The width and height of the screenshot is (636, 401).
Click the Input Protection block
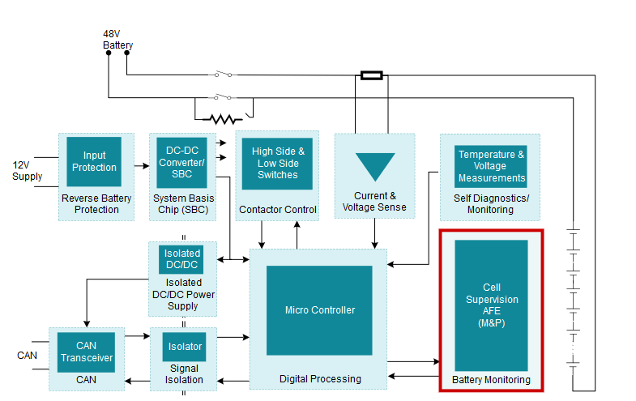(x=94, y=161)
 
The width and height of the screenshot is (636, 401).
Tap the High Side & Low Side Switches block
(x=278, y=163)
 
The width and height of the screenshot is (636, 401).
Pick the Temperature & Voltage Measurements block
(x=491, y=166)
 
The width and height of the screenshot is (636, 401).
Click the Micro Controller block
(x=319, y=310)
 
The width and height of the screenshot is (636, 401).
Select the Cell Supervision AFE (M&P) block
(x=491, y=305)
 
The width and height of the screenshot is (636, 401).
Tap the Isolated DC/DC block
(x=181, y=259)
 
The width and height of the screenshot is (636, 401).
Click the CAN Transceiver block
(x=86, y=352)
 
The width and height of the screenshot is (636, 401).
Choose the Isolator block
(x=185, y=346)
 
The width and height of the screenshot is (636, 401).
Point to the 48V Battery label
(x=117, y=40)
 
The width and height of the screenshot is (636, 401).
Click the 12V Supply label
(x=27, y=171)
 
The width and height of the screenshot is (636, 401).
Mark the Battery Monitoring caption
(x=491, y=380)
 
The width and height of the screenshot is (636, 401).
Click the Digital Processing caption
(x=320, y=378)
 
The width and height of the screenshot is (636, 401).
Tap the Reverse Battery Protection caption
(x=96, y=204)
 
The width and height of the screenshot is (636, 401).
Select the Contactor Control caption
(x=277, y=210)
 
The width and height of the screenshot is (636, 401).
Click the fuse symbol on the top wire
(x=371, y=75)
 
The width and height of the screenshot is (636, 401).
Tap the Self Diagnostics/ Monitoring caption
(x=490, y=204)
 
